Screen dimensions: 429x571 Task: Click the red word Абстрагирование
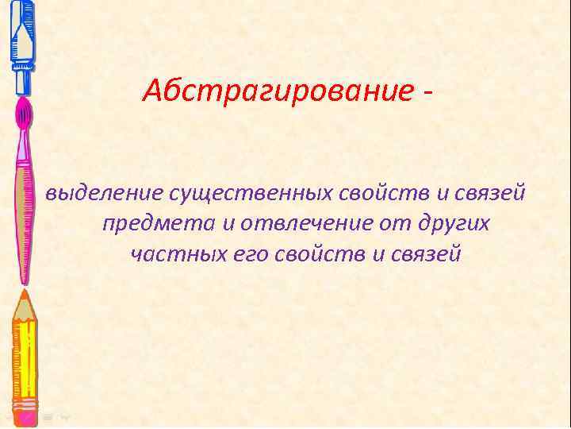pos(278,92)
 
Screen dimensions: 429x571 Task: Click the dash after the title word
pos(429,94)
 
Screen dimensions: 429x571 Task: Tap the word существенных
pos(213,193)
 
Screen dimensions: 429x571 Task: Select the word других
pos(453,224)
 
